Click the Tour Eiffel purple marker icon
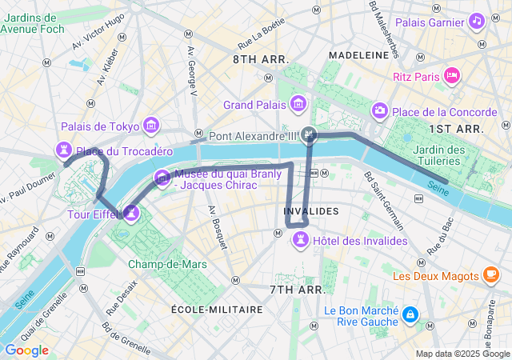click(x=131, y=213)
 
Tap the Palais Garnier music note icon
click(x=476, y=21)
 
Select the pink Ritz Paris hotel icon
click(x=452, y=76)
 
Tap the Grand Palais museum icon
click(x=299, y=104)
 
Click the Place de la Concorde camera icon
click(x=380, y=110)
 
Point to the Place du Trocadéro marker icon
click(x=63, y=150)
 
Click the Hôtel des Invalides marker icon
click(x=301, y=239)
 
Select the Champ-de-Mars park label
click(x=156, y=264)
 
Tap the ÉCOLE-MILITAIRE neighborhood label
click(x=217, y=309)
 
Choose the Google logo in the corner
click(x=26, y=350)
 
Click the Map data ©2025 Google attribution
click(x=462, y=354)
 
